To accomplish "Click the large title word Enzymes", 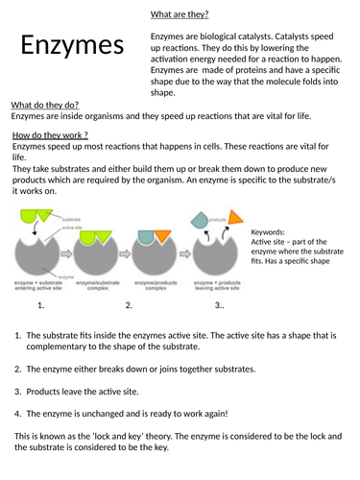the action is click(73, 44).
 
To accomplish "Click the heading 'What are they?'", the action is click(180, 14).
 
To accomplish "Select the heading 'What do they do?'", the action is click(44, 104).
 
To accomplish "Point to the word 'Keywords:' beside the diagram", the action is click(270, 232).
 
